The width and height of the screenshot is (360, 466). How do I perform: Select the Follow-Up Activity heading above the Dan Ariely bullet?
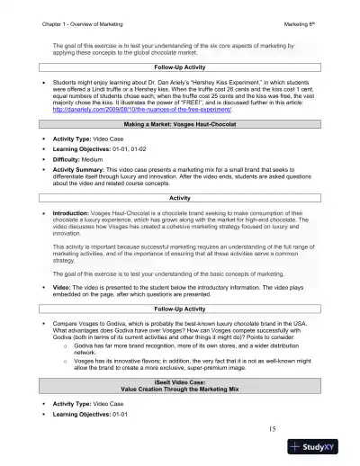pos(179,67)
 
